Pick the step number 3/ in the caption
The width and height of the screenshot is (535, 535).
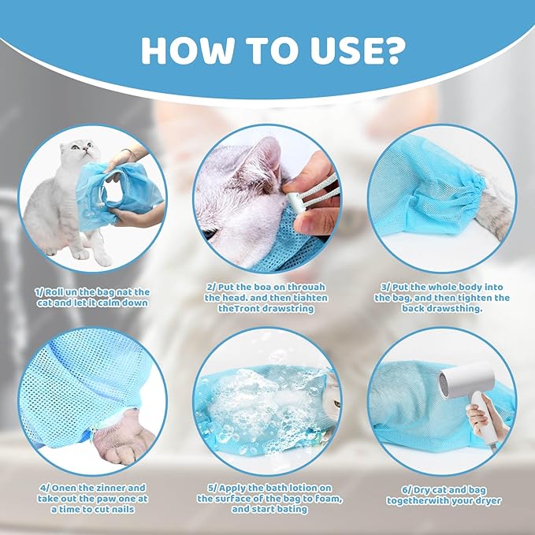[383, 287]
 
